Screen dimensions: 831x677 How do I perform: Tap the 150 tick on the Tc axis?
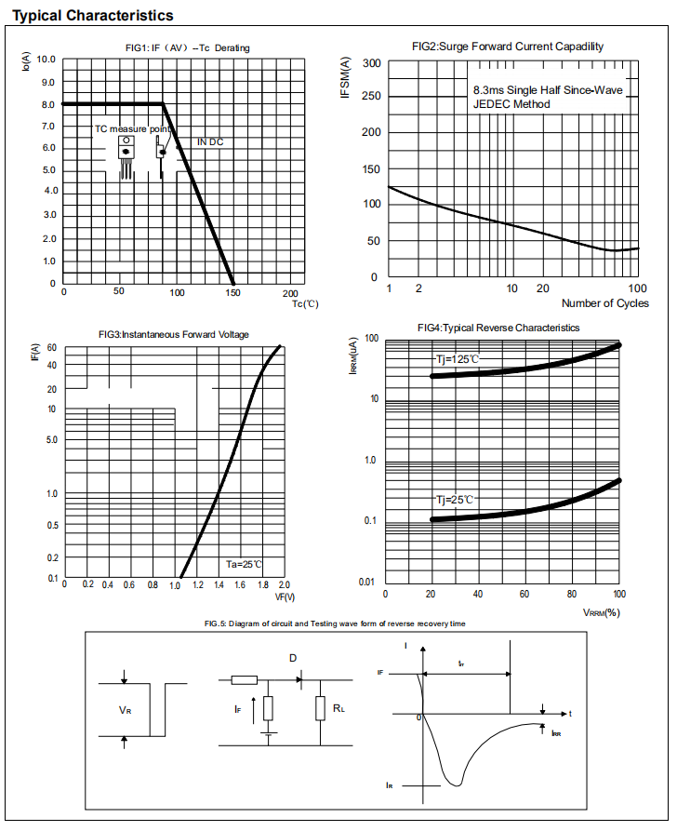[233, 292]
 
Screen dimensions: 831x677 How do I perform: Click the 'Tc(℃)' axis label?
[305, 303]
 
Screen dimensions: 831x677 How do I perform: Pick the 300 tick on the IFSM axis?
[371, 63]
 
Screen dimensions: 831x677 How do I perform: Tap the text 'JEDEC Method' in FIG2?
[511, 104]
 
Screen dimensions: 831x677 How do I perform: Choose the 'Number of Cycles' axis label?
[605, 303]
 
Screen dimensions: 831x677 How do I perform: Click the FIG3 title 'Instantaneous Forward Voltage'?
[173, 334]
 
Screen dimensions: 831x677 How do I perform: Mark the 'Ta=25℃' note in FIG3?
[245, 564]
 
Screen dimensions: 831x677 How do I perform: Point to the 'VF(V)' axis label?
[285, 596]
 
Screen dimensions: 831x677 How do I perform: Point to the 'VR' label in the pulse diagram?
[125, 709]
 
